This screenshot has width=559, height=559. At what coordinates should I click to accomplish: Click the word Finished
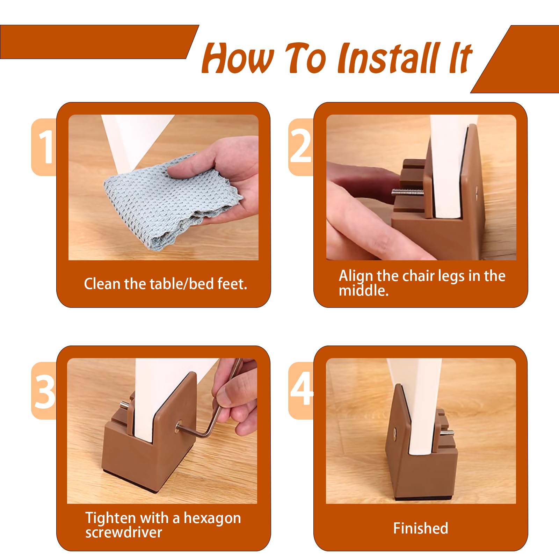pos(421,528)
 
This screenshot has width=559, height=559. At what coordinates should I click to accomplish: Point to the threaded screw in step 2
pos(407,193)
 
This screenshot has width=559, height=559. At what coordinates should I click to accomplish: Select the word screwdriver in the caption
pos(124,533)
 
